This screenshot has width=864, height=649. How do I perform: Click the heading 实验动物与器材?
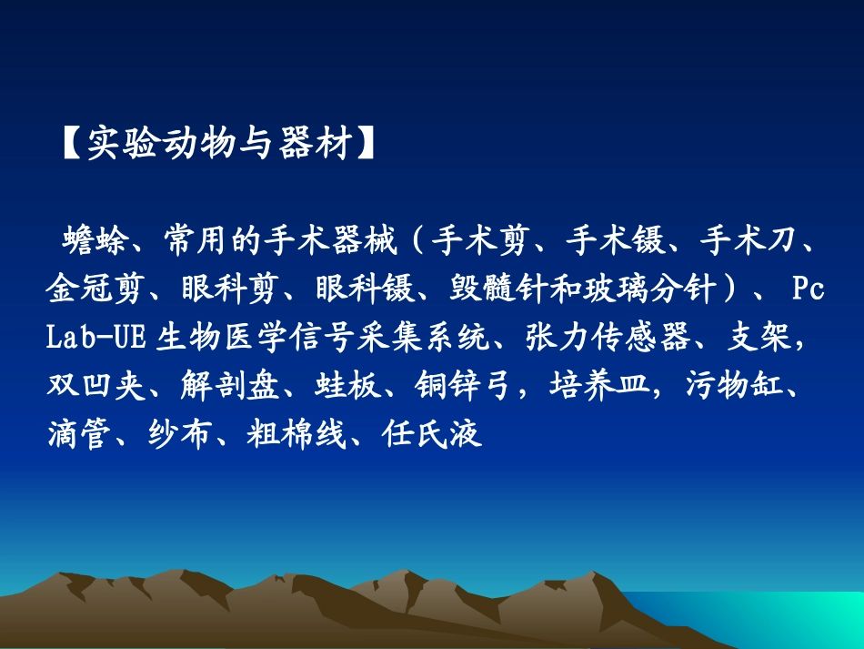pyautogui.click(x=218, y=144)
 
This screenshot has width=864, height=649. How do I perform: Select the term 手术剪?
pyautogui.click(x=474, y=243)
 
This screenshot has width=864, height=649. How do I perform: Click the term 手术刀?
pyautogui.click(x=742, y=243)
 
